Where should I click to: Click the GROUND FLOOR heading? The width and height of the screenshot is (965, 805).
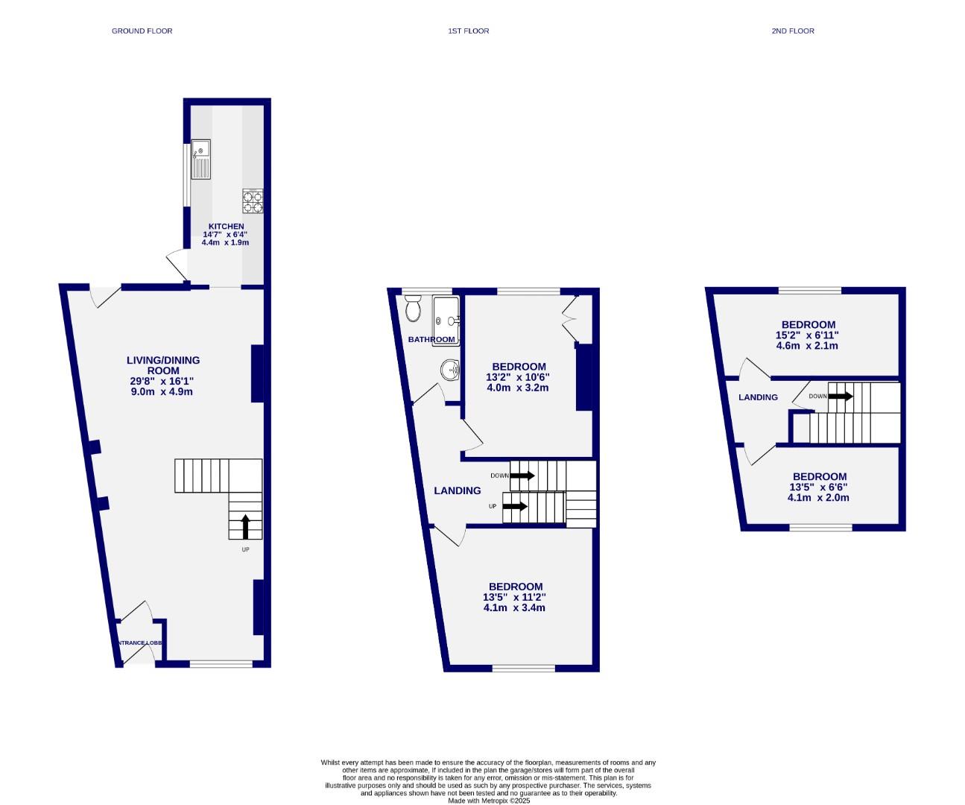142,31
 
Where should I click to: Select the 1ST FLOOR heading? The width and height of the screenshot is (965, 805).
468,31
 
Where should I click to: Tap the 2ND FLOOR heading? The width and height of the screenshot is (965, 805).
793,31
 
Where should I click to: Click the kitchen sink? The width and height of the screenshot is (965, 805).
201,160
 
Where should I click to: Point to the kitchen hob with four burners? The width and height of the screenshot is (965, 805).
252,201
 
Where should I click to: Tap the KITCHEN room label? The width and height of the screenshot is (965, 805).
226,227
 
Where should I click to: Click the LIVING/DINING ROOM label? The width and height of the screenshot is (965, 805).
163,365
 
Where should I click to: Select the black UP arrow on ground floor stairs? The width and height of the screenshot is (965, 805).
245,526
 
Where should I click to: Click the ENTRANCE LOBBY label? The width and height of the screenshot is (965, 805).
139,643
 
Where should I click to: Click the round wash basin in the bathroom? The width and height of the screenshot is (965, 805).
450,369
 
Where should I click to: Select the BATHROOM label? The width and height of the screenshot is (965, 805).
431,340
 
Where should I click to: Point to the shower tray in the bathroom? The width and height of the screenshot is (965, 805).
446,321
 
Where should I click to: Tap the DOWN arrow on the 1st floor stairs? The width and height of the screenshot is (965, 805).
522,476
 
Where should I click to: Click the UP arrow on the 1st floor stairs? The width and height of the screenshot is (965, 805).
515,507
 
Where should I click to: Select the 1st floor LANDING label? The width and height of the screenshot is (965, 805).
458,490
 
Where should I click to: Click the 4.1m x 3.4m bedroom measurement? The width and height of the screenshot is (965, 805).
514,607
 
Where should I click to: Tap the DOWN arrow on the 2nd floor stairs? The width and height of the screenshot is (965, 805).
840,396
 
